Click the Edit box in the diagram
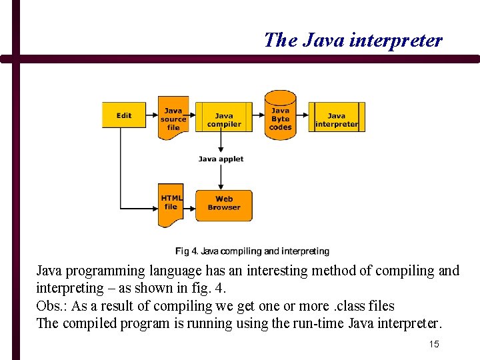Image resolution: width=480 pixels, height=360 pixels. click(x=124, y=115)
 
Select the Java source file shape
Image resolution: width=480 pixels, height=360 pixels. click(x=173, y=118)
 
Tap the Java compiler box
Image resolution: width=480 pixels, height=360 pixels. click(x=224, y=117)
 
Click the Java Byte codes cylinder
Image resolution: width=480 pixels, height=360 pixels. click(x=280, y=116)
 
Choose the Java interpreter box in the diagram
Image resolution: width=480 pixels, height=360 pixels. click(x=337, y=117)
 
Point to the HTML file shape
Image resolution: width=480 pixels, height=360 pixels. click(x=171, y=203)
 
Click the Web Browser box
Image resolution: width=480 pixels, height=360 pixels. click(x=224, y=204)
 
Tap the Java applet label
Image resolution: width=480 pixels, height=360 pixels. click(x=221, y=159)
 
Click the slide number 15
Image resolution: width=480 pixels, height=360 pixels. click(x=434, y=344)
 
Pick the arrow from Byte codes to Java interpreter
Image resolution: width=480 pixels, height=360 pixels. click(x=302, y=117)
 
